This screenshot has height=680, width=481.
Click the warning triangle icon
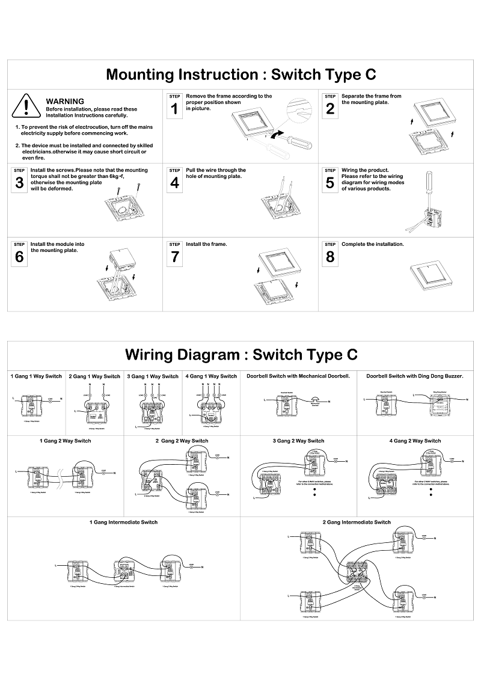coord(27,105)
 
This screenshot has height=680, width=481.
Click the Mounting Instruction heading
coord(241,75)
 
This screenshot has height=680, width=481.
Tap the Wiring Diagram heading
coord(241,354)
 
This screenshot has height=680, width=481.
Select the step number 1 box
coord(174,105)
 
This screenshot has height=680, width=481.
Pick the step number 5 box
coord(330,180)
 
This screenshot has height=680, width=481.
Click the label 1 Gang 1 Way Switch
coord(36,376)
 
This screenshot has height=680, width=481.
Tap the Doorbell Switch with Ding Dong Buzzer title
coord(415,376)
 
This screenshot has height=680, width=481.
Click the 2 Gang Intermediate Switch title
coord(357,522)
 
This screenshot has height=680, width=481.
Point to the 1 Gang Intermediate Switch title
coord(123,522)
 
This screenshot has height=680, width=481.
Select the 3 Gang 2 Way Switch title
coord(298,441)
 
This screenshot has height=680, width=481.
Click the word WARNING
coord(65,101)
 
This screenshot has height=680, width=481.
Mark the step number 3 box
coord(19,180)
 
